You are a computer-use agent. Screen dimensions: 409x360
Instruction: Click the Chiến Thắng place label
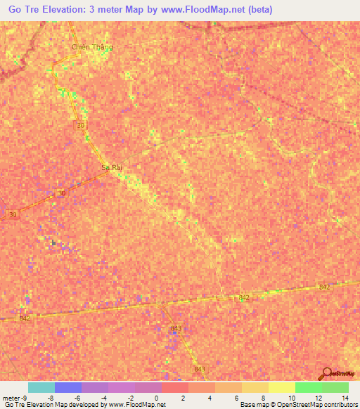[x=92, y=47]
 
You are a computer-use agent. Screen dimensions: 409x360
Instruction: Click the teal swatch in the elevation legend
[x=41, y=387]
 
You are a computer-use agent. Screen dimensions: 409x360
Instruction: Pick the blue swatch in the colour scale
[x=68, y=387]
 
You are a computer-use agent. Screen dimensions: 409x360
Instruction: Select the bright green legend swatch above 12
[x=309, y=387]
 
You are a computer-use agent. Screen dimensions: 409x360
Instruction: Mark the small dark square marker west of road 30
[x=53, y=243]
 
